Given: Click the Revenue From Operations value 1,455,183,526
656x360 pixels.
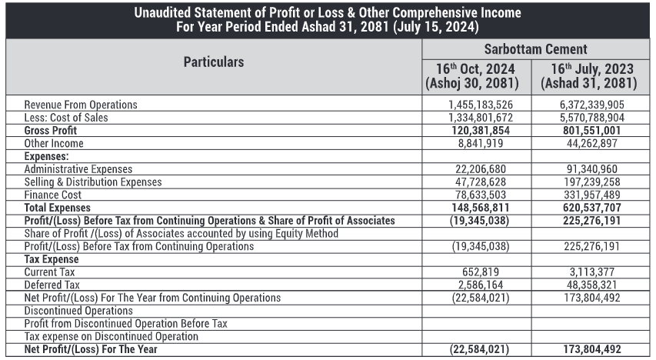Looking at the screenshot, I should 480,105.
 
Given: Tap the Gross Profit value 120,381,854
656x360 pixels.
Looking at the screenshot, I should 480,131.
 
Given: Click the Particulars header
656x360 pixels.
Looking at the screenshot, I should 214,62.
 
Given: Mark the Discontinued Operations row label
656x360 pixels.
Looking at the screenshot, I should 73,311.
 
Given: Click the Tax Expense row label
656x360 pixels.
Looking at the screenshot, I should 52,259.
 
